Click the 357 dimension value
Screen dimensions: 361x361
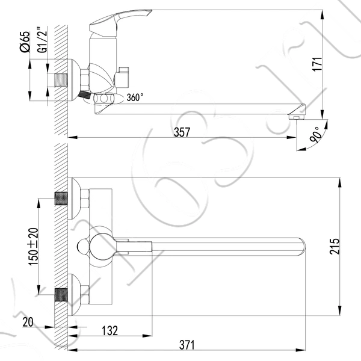[182, 132]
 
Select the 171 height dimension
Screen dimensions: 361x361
[317, 64]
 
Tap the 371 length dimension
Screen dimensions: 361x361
[187, 345]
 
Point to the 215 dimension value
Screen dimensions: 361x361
[335, 246]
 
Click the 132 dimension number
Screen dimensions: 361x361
[110, 330]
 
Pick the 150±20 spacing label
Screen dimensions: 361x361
[33, 246]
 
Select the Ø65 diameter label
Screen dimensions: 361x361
[25, 42]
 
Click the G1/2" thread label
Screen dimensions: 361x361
[42, 40]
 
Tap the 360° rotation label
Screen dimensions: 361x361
[135, 97]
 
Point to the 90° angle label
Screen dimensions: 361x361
[316, 135]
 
